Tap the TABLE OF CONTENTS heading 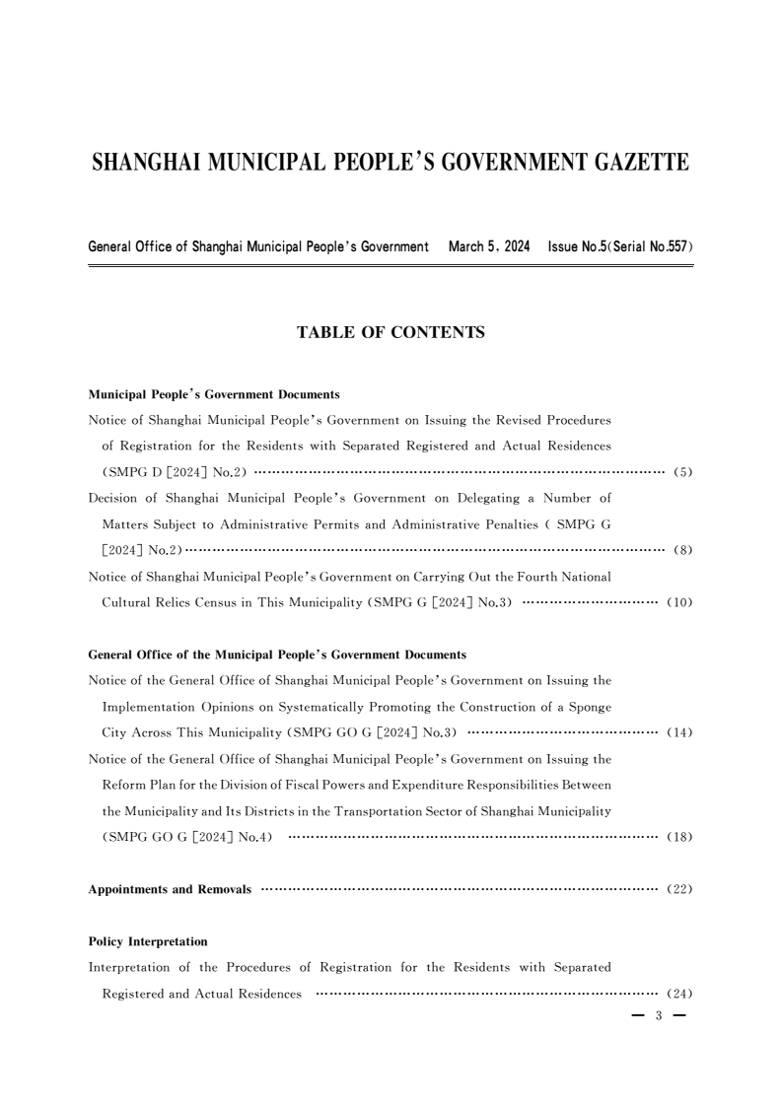391,333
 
